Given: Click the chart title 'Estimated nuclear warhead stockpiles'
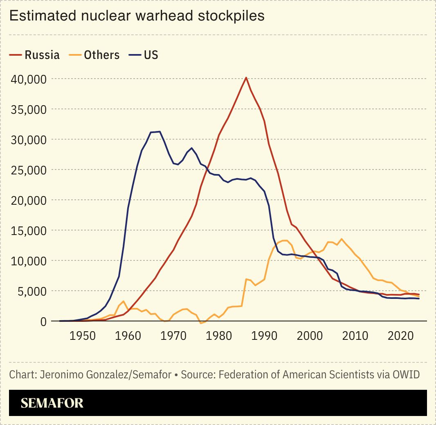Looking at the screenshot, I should click(137, 16).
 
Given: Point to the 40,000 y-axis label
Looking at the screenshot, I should click(28, 79).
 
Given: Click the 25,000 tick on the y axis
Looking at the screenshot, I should click(28, 170).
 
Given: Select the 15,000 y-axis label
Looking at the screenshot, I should click(28, 230).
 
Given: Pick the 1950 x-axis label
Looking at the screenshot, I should click(83, 336).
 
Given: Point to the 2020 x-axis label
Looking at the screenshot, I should click(401, 336).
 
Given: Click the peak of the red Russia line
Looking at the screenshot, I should click(246, 77).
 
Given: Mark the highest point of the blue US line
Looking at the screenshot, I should click(160, 131).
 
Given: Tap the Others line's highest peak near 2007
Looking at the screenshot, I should click(342, 239).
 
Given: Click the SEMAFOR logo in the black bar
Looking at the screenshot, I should click(52, 403).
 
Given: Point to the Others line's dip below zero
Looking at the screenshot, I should click(201, 323).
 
